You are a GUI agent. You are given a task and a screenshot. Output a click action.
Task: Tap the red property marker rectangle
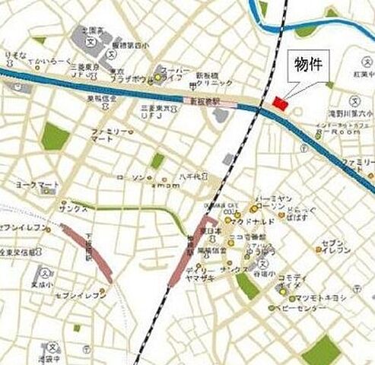coord(280,103)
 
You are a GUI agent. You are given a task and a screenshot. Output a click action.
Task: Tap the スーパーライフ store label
coord(170,71)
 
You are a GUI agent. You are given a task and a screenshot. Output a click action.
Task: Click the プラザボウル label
coord(127,78)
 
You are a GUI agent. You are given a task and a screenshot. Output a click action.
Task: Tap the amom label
coord(164,186)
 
